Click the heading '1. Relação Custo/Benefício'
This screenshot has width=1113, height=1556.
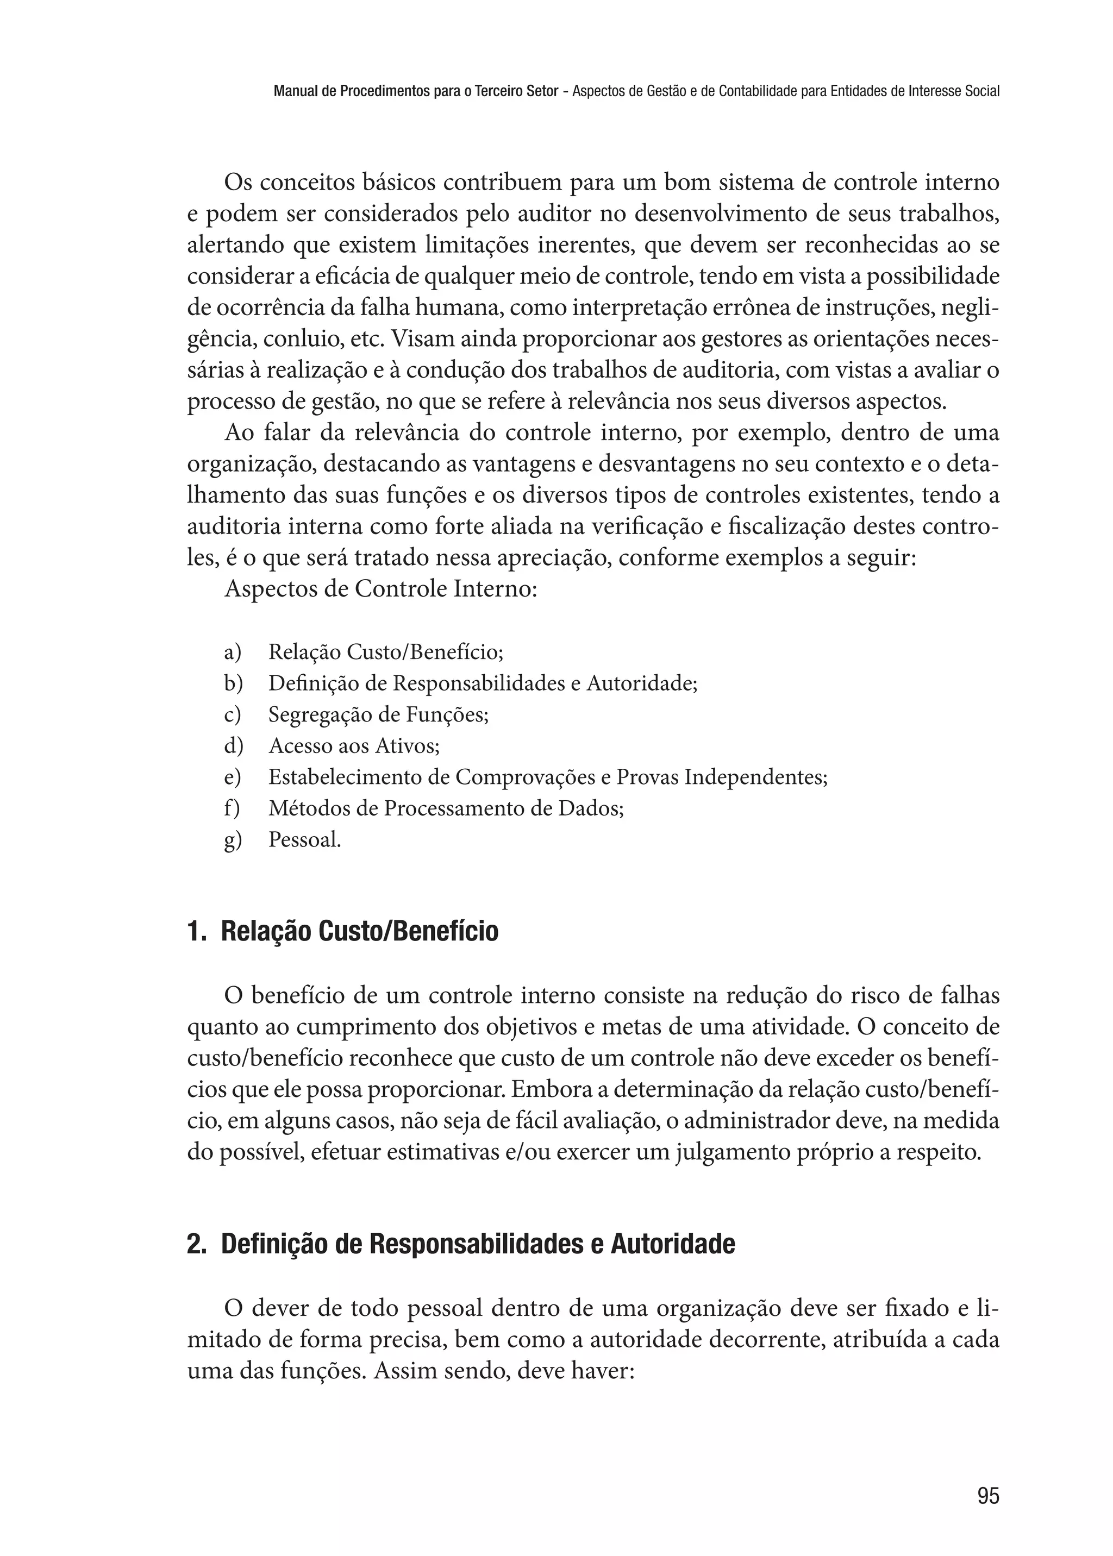click(x=343, y=932)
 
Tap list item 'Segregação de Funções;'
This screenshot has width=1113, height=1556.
click(x=378, y=714)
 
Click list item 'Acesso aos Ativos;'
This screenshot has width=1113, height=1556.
click(x=354, y=745)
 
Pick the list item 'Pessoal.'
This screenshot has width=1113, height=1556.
click(x=304, y=839)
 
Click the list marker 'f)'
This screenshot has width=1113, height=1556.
click(x=233, y=808)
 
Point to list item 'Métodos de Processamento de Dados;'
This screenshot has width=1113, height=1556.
click(x=446, y=808)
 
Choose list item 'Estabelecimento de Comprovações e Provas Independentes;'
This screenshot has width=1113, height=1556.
click(x=548, y=777)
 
